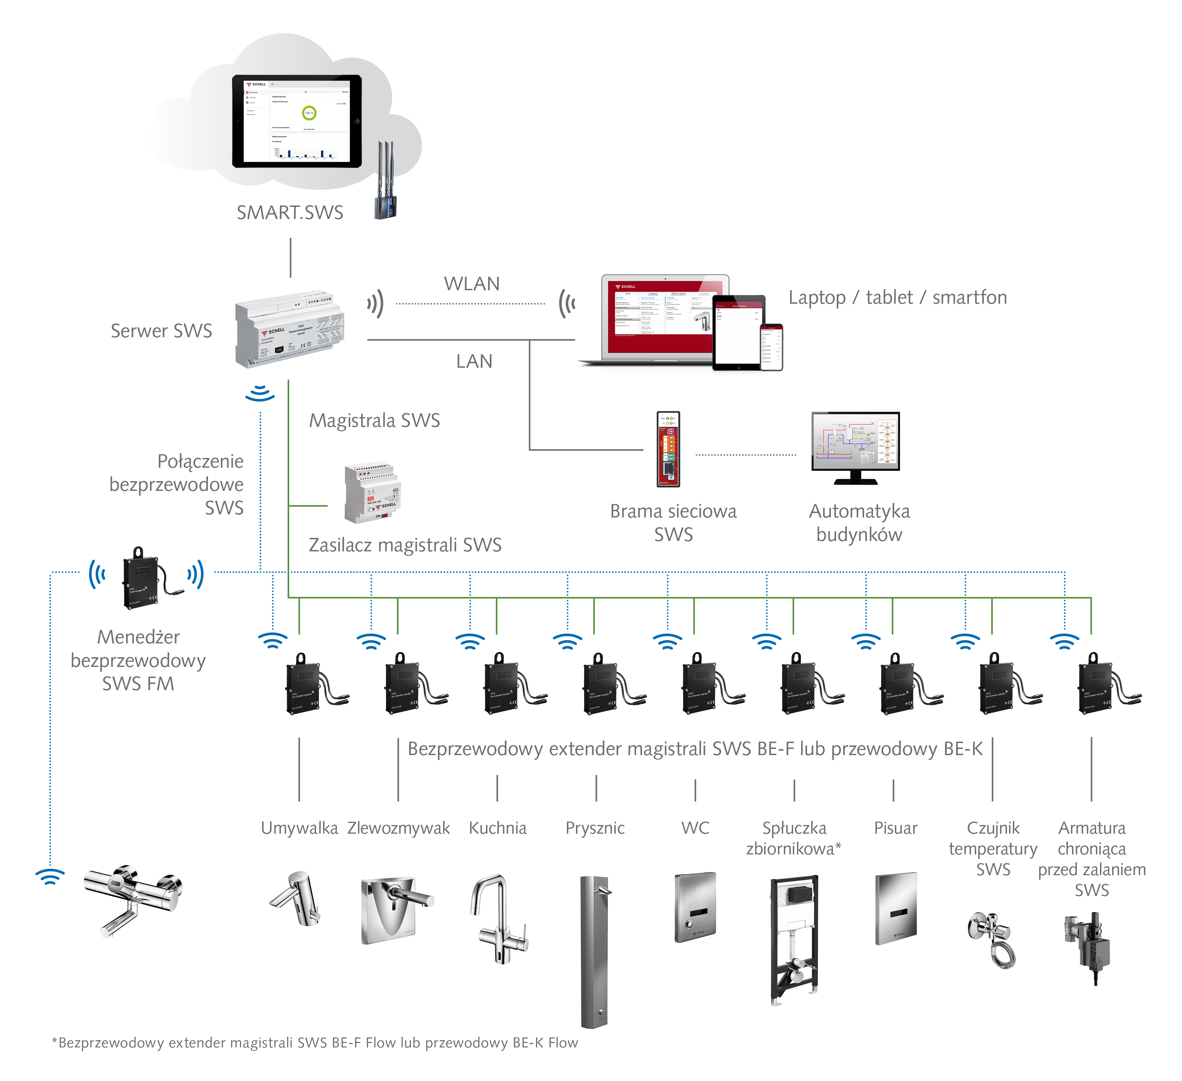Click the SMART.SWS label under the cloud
[290, 212]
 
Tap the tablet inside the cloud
[297, 121]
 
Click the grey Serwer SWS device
[290, 329]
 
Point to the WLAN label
[471, 284]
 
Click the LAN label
[474, 361]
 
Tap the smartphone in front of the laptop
[771, 347]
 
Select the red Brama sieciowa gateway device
[668, 449]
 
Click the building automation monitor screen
[855, 441]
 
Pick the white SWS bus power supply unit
[372, 493]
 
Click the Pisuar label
[895, 828]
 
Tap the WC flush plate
[695, 907]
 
